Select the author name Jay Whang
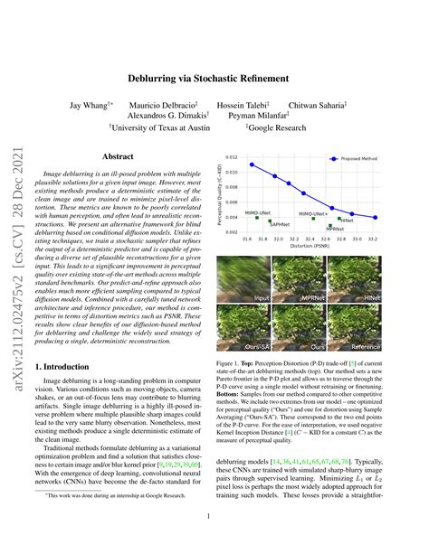click(91, 106)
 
